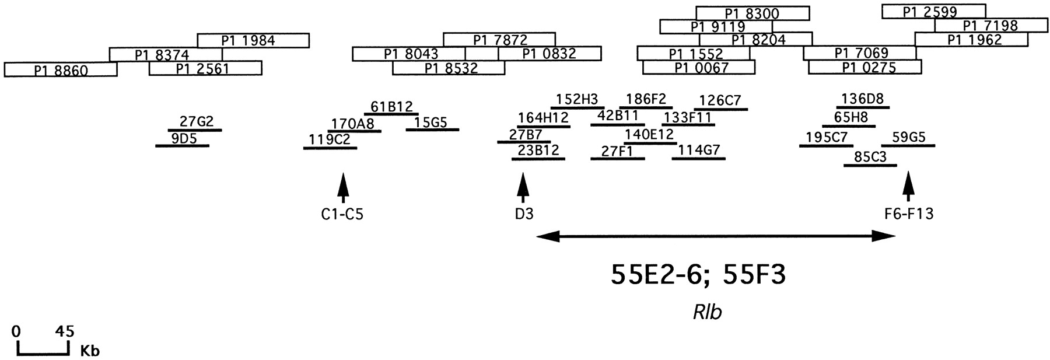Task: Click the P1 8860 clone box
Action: [61, 69]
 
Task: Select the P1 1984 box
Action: [253, 40]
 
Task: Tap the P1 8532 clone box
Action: [449, 68]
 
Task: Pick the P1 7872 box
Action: [499, 40]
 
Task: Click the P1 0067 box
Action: [698, 68]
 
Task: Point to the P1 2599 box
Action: [933, 12]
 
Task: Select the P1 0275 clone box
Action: [864, 68]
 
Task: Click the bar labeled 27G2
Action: [195, 130]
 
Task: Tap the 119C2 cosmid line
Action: [330, 148]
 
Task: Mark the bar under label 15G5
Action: [432, 130]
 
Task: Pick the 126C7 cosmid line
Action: [721, 109]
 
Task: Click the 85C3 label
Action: [870, 157]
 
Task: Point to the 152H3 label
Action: [576, 99]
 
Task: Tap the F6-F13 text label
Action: [909, 214]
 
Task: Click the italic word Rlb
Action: [707, 312]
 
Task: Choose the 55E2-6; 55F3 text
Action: [698, 275]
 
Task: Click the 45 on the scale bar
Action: [65, 331]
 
